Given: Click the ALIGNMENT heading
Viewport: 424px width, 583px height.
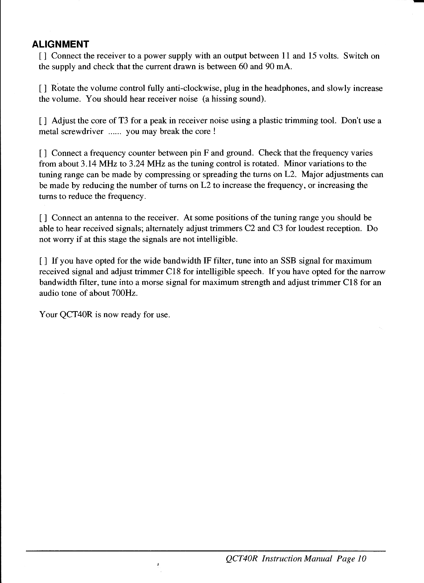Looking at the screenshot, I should (60, 44).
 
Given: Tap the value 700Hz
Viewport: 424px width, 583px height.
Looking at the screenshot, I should (124, 293).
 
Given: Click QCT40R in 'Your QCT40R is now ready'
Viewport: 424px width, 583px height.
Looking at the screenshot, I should (75, 314).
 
